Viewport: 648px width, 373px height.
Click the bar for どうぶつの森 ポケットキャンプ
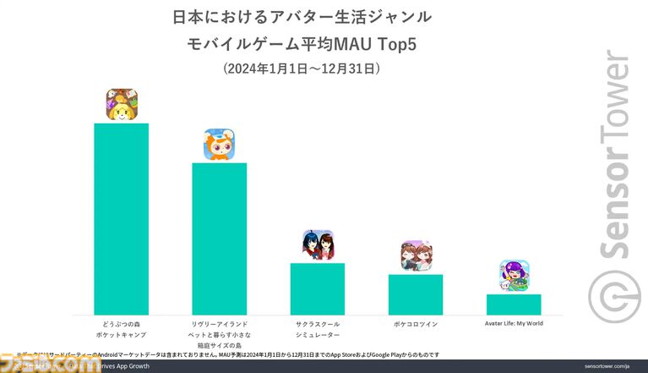pos(121,219)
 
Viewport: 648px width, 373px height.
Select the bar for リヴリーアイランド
pos(219,239)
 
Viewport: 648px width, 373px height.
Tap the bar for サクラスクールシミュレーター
pos(317,288)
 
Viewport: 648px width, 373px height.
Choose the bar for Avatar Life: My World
pos(513,304)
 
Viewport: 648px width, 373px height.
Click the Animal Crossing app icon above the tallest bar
pos(122,105)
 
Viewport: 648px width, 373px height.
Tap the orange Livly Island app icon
pos(219,145)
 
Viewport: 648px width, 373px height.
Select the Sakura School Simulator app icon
pos(318,245)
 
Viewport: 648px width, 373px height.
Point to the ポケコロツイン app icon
pos(417,256)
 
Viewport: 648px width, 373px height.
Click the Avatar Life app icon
pos(514,277)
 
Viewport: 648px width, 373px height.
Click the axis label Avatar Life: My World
pos(514,323)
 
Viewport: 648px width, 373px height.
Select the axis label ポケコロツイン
pos(415,323)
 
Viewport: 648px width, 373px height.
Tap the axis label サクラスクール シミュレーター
pos(317,328)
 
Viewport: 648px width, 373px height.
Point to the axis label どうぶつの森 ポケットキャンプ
pos(121,328)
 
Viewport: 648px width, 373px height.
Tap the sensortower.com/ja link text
pos(607,366)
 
